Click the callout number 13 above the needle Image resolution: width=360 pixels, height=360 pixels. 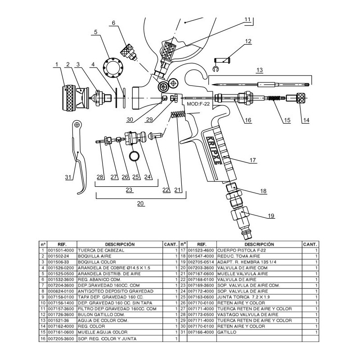click(260, 70)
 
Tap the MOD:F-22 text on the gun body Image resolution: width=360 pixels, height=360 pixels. click(198, 104)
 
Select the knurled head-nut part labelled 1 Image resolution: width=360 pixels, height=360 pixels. click(69, 98)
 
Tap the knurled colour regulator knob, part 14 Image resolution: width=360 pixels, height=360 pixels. click(301, 98)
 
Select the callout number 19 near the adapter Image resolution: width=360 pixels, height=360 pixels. click(271, 216)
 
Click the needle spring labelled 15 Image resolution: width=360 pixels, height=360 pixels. click(274, 98)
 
